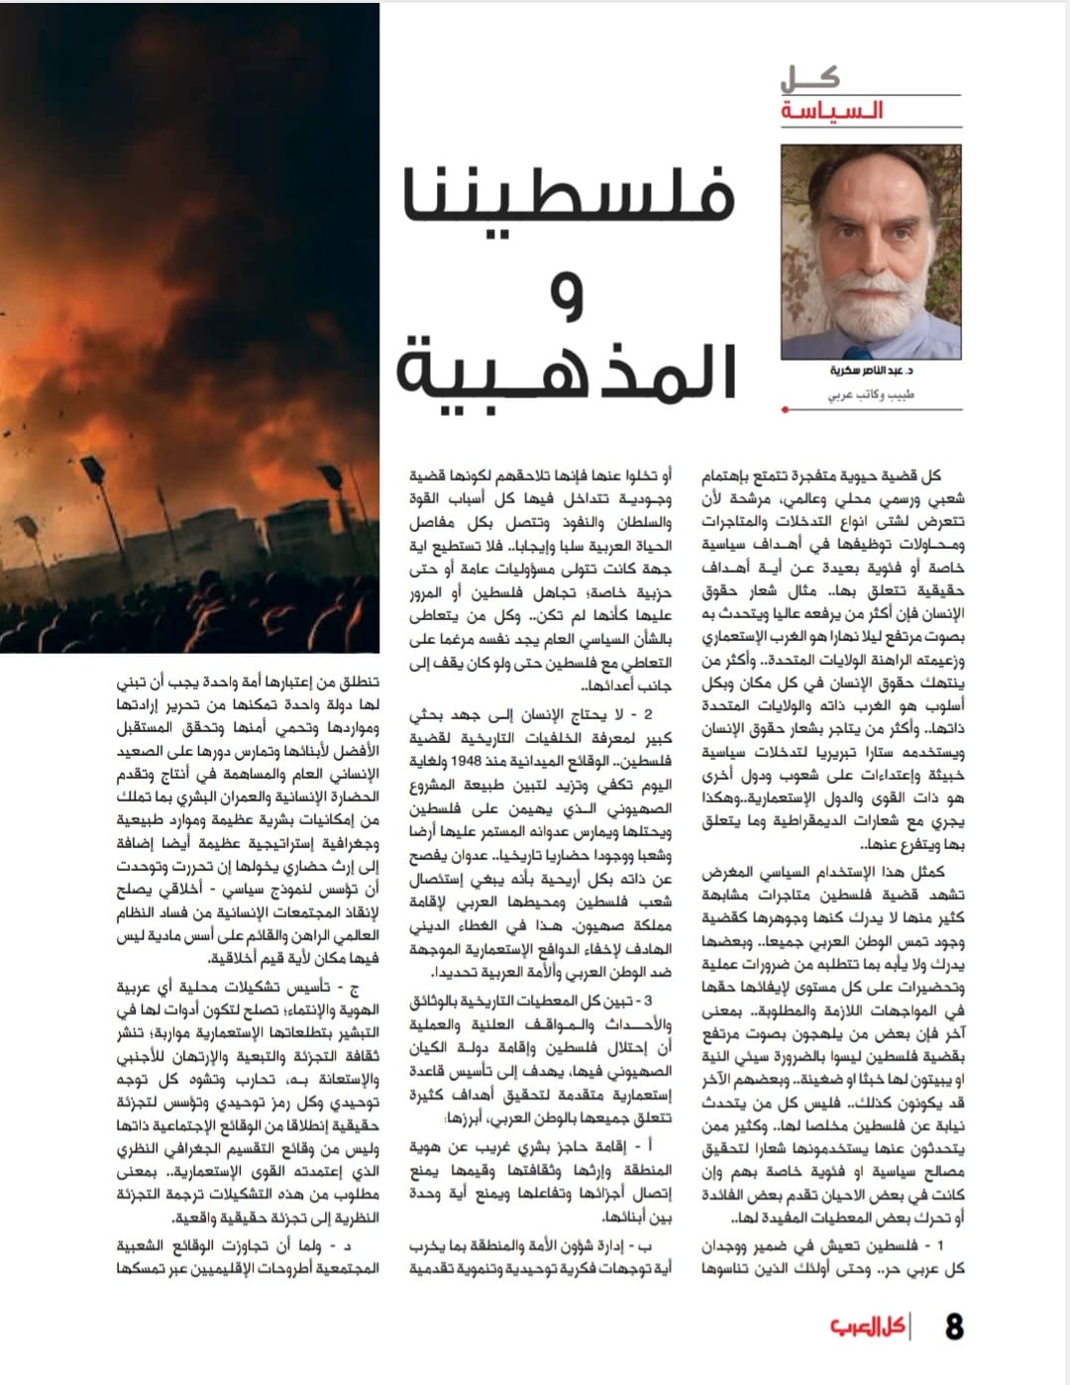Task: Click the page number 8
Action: [x=954, y=1327]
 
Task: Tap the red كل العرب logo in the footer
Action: [x=866, y=1327]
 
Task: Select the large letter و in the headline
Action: [x=567, y=297]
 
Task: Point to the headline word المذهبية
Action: [x=568, y=370]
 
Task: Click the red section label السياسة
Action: [x=832, y=111]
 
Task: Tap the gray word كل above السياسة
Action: [x=809, y=78]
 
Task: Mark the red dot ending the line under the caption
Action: [x=785, y=408]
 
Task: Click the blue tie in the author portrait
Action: [x=858, y=352]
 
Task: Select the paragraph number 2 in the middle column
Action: [x=648, y=713]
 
